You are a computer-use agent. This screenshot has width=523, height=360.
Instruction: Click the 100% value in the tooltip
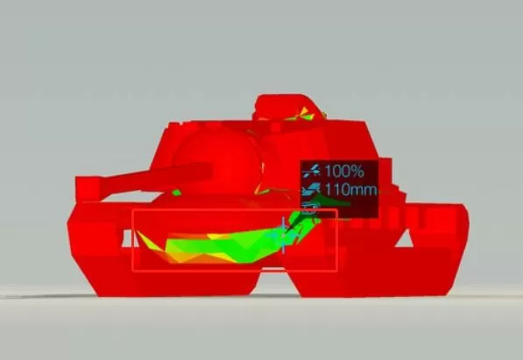pos(344,171)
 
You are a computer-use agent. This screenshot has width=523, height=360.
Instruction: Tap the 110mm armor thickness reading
pos(350,190)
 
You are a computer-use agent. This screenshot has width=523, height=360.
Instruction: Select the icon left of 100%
pos(312,171)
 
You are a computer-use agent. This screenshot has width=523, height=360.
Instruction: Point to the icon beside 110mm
pos(311,189)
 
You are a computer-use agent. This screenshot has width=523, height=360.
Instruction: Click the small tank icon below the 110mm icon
pos(309,208)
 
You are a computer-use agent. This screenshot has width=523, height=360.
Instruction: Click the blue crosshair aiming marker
pos(283,236)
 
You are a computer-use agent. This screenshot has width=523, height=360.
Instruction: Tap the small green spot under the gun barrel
pos(176,193)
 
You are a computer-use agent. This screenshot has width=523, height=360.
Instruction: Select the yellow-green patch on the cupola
pos(303,114)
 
